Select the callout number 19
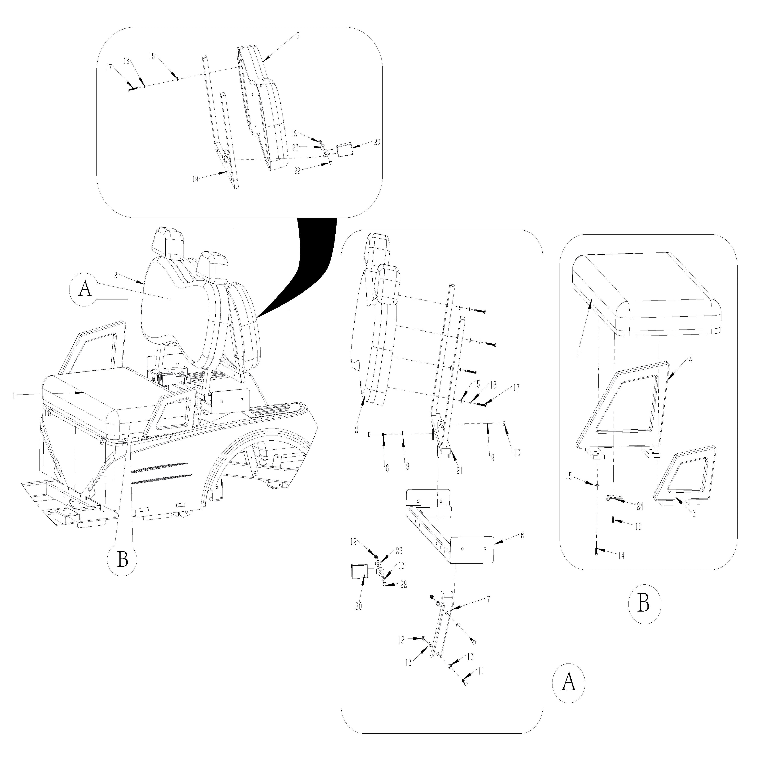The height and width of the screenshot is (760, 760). (195, 179)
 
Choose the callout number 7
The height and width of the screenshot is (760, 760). (488, 600)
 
